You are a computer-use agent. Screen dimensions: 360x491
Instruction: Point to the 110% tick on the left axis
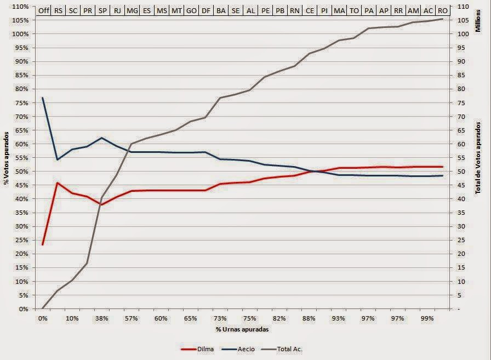pos(20,6)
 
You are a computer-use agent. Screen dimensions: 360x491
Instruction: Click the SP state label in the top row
pos(102,11)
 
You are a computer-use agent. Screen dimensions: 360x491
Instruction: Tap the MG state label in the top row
pos(132,11)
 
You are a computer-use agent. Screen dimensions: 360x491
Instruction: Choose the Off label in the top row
pos(43,11)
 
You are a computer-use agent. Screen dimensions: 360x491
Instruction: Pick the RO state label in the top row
pos(442,11)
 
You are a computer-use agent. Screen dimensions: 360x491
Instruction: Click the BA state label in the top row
pos(221,11)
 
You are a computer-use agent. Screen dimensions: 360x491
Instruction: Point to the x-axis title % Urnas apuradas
pos(242,329)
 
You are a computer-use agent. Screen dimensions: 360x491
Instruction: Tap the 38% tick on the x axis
pos(101,318)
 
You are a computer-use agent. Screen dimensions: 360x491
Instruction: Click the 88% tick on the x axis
pos(309,318)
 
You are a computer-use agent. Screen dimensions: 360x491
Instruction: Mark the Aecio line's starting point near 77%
pos(43,98)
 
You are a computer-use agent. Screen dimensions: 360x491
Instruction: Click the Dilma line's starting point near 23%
pos(43,244)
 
